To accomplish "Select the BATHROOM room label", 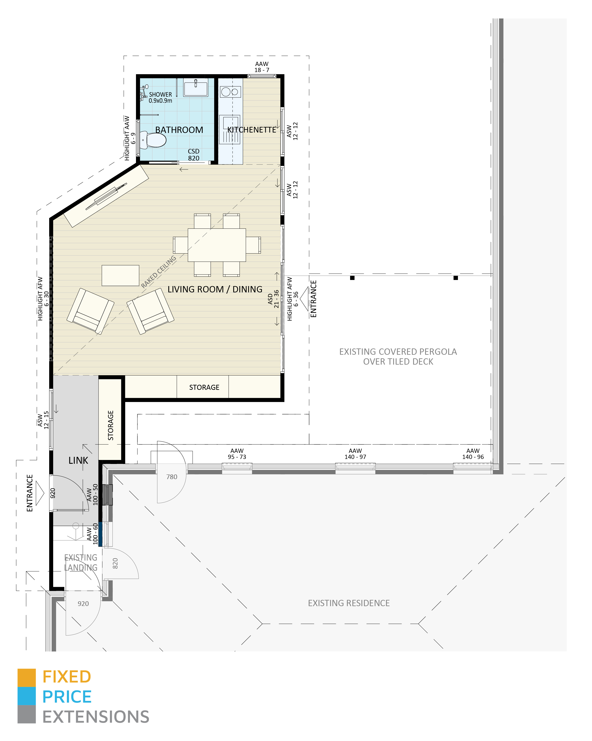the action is coord(179,130).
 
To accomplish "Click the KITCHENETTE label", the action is coord(252,130).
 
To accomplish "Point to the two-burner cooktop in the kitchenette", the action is coord(230,92).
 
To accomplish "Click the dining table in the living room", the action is coord(217,245).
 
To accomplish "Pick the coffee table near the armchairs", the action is coord(120,275).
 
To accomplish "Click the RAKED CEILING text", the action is coord(158,272).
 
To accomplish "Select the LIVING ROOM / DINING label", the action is coord(215,289).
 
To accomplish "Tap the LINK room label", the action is coord(78,461).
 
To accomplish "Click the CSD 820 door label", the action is coord(194,155).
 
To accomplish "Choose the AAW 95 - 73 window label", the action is coord(237,454).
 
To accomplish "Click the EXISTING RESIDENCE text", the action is coord(349,603).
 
